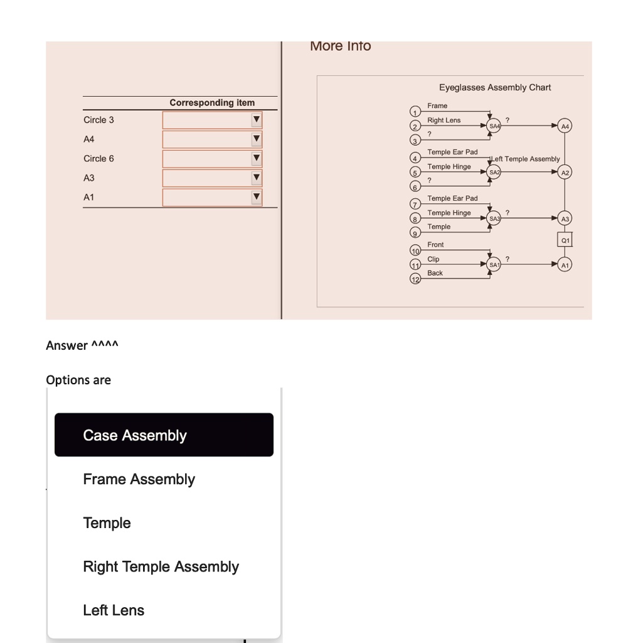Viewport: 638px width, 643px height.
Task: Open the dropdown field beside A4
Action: click(211, 139)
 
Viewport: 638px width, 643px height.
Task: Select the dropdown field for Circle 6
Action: click(211, 159)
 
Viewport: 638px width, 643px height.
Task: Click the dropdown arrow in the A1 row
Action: click(256, 198)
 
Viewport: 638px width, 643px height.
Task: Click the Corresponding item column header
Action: click(212, 102)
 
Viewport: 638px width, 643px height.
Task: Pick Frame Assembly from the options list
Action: click(139, 480)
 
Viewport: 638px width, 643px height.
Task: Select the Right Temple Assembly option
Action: click(161, 567)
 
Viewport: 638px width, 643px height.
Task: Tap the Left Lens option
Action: click(114, 610)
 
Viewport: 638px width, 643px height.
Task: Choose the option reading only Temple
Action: click(107, 523)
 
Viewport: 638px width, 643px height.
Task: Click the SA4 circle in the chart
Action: click(494, 126)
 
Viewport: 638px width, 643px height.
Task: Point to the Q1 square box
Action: click(565, 240)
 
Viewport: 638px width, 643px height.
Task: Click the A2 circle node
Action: click(565, 172)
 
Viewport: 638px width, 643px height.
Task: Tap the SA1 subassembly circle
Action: click(494, 265)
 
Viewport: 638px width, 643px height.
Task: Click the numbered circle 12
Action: click(414, 279)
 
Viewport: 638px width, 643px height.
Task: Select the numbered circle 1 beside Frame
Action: click(414, 112)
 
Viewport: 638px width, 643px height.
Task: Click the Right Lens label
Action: click(444, 120)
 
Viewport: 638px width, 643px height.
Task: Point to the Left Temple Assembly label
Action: click(526, 159)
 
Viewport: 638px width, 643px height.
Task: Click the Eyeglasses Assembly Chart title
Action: click(495, 87)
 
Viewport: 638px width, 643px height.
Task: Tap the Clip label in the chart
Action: click(433, 259)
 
